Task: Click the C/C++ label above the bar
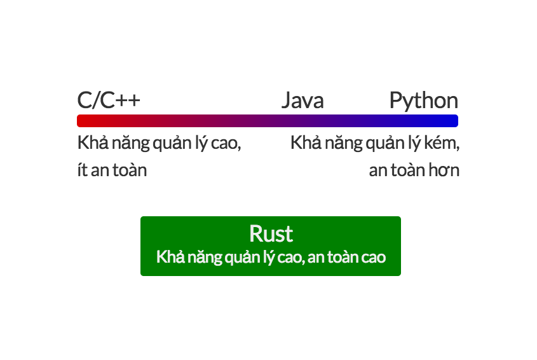tap(109, 100)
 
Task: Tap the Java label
tap(302, 100)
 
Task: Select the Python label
tap(424, 101)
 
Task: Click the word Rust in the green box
tap(271, 234)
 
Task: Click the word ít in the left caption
tap(83, 169)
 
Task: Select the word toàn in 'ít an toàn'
tap(130, 169)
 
